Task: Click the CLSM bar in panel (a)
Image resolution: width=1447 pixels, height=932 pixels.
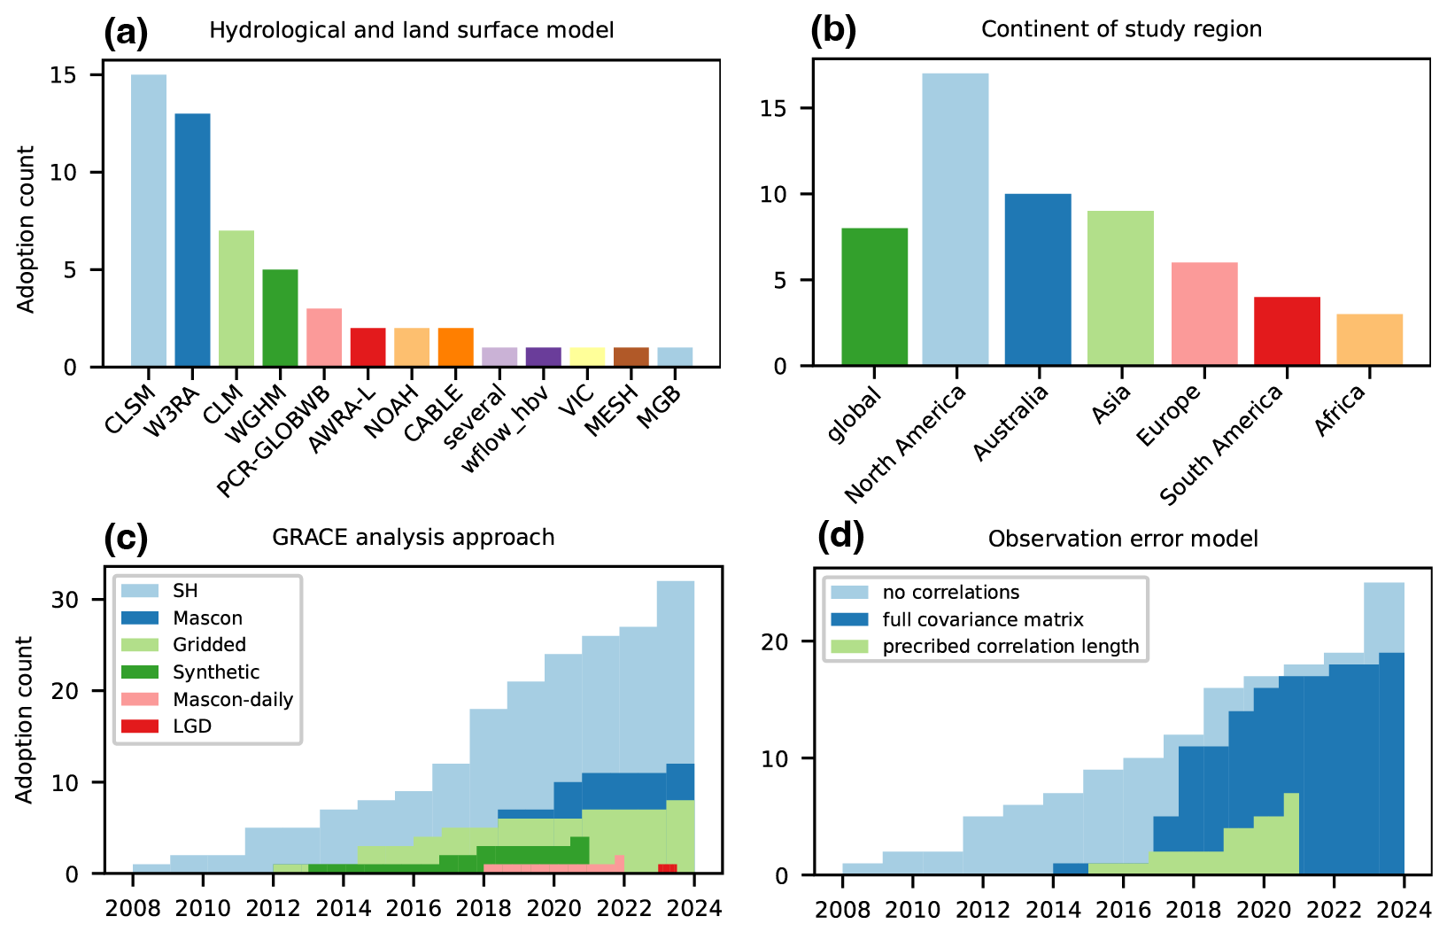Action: tap(149, 221)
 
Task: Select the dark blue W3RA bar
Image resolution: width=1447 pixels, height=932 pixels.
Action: tap(192, 240)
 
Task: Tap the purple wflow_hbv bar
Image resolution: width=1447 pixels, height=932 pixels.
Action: tap(543, 356)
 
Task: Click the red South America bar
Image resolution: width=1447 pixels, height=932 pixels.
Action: tap(1287, 331)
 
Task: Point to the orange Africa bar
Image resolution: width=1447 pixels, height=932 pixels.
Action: tap(1369, 339)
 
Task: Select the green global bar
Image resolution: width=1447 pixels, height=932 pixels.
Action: tap(874, 297)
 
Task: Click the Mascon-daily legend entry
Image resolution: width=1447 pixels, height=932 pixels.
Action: tap(232, 699)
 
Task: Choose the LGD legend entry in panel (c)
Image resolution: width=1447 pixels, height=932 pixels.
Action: tap(192, 726)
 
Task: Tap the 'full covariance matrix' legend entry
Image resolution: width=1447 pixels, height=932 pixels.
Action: tap(982, 619)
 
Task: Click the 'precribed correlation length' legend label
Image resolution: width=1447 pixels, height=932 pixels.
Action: tap(1010, 647)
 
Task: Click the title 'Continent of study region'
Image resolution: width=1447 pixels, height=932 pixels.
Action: tap(1121, 29)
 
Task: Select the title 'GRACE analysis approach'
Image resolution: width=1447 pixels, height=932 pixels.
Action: tap(413, 538)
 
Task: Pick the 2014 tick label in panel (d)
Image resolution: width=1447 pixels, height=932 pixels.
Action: tap(1053, 910)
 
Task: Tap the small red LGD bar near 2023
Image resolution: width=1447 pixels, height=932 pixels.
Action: tap(668, 869)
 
